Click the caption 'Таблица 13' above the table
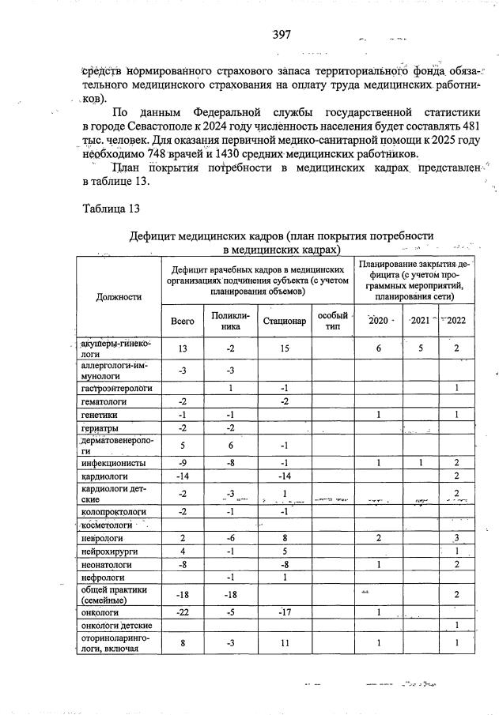[x=111, y=209]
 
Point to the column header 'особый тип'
[x=333, y=321]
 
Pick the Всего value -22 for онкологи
[x=183, y=612]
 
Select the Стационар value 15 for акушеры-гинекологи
[x=285, y=348]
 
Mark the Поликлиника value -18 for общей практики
[x=230, y=593]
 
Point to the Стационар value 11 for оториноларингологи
[x=285, y=643]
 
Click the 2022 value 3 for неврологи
[x=457, y=537]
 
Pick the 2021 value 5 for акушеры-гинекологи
[x=421, y=348]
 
